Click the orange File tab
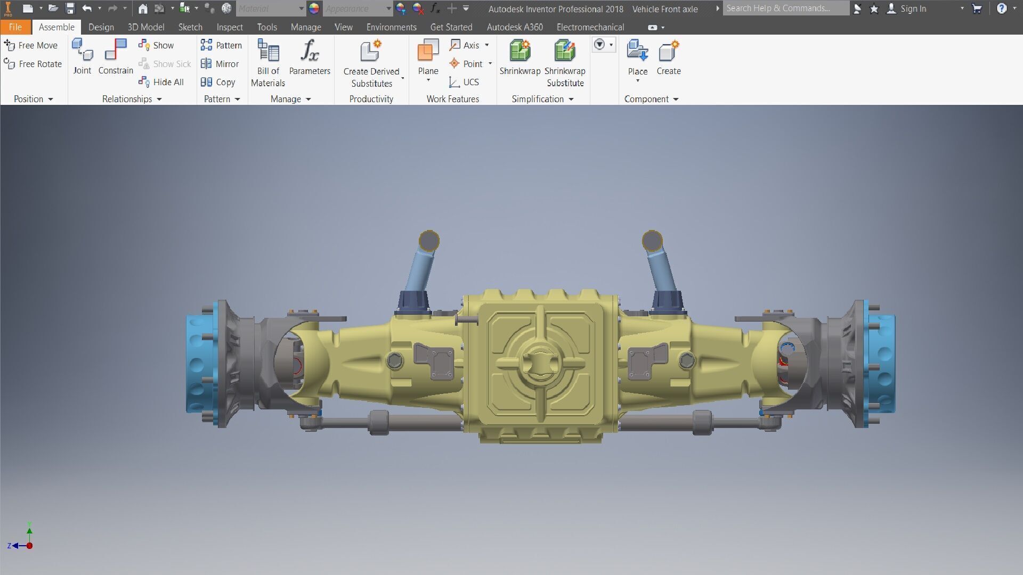click(x=15, y=27)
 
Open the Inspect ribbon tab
click(x=230, y=27)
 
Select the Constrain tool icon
click(x=116, y=51)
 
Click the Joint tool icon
click(x=82, y=51)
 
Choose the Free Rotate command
click(x=33, y=64)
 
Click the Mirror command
click(x=220, y=64)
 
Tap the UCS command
click(x=465, y=82)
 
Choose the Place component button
click(x=637, y=52)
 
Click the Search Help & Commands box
click(x=785, y=9)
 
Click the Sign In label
click(x=913, y=9)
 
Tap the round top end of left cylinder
click(x=429, y=241)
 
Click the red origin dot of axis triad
click(x=30, y=546)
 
